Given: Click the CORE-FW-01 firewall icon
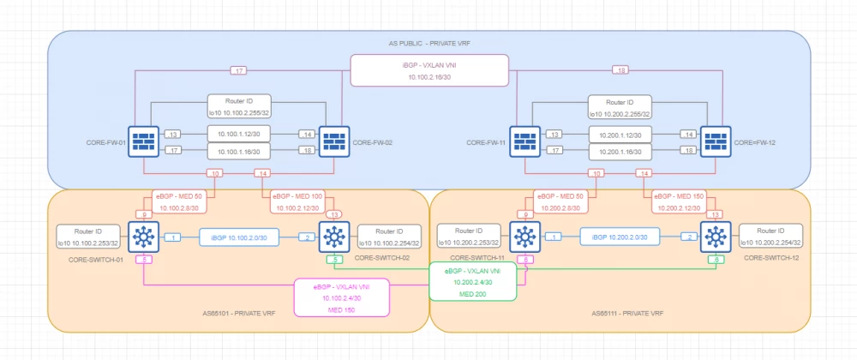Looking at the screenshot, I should point(143,142).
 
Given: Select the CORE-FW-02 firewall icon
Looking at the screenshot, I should point(333,142).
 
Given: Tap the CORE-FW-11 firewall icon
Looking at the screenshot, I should point(524,142).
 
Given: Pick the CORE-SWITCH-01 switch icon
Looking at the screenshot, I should point(143,237).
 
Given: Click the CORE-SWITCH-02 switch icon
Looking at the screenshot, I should point(333,237).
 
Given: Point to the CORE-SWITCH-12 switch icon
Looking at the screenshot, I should point(714,237).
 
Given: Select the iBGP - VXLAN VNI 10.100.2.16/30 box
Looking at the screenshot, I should point(429,70).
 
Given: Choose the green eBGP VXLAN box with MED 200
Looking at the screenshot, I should point(473,281).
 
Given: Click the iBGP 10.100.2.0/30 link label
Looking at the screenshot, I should point(238,237).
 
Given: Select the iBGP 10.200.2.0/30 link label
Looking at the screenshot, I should point(619,237).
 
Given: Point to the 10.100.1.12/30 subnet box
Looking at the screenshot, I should point(238,135).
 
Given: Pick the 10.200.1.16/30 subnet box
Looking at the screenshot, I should point(619,151).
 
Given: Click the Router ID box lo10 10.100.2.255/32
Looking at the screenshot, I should point(238,106).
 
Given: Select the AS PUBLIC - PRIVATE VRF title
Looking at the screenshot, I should point(429,44).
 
